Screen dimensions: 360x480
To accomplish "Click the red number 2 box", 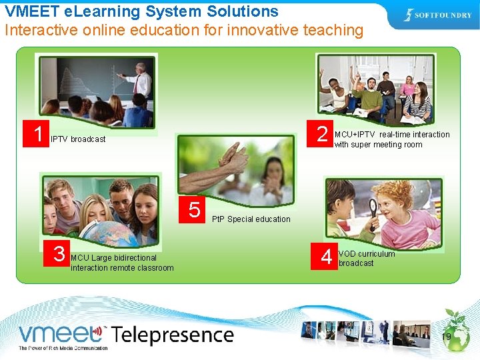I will click(x=322, y=135).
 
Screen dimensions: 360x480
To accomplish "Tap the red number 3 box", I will click(x=59, y=253).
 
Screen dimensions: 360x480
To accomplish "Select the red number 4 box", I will click(x=326, y=257).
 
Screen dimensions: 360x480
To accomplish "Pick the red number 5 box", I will click(x=194, y=210).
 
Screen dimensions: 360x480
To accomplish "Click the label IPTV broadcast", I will click(x=78, y=139).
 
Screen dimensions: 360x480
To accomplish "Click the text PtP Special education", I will click(x=251, y=219).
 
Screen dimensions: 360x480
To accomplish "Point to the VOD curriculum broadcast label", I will click(x=366, y=259).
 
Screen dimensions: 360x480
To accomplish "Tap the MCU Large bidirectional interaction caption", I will click(x=122, y=263).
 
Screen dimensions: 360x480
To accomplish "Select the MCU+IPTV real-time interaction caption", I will click(x=392, y=139).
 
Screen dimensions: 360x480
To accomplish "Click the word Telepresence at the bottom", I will click(x=173, y=334).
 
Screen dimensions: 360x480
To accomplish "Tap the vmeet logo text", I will click(x=61, y=334).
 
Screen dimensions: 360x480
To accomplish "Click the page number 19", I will click(x=446, y=337).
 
